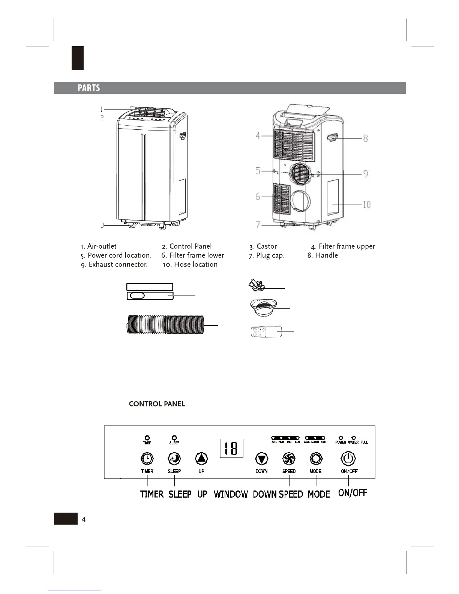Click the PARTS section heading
pyautogui.click(x=89, y=88)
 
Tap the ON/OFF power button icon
pyautogui.click(x=348, y=458)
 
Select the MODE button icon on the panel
pyautogui.click(x=316, y=458)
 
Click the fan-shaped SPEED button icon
pyautogui.click(x=289, y=458)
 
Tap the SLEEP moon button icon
pyautogui.click(x=174, y=458)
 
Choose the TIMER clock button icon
pyautogui.click(x=147, y=458)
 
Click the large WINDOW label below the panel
pyautogui.click(x=231, y=494)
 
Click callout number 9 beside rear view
pyautogui.click(x=365, y=174)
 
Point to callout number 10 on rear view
pyautogui.click(x=366, y=204)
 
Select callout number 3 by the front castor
pyautogui.click(x=102, y=225)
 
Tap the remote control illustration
pyautogui.click(x=266, y=332)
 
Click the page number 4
pyautogui.click(x=83, y=519)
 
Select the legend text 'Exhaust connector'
pyautogui.click(x=118, y=264)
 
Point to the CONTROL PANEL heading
pyautogui.click(x=157, y=404)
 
